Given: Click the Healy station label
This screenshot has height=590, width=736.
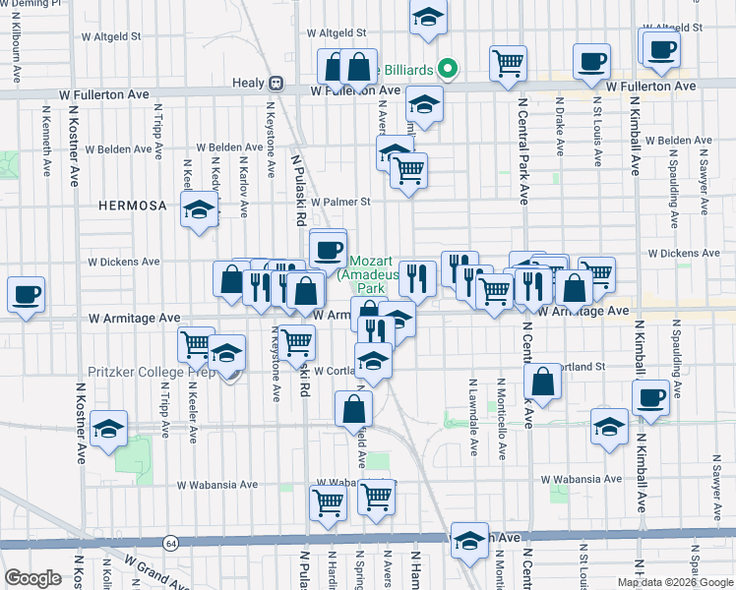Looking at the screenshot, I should click(250, 84).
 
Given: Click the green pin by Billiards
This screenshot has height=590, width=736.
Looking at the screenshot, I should click(449, 68).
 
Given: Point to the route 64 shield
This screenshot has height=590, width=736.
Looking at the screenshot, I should click(171, 543).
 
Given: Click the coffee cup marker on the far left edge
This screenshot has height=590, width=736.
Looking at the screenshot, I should click(26, 293).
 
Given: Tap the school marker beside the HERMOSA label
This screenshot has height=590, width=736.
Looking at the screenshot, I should click(200, 209).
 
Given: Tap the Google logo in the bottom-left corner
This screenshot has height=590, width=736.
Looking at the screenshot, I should click(32, 578).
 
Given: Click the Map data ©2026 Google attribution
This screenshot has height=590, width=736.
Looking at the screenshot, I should click(675, 582).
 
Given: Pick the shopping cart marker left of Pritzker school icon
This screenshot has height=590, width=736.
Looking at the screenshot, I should click(196, 344).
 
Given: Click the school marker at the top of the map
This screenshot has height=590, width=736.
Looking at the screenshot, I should click(428, 18).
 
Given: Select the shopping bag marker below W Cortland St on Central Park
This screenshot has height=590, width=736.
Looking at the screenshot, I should click(543, 381).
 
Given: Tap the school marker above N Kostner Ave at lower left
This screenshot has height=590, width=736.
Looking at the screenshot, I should click(109, 428).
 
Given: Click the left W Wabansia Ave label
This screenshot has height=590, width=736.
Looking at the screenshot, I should click(217, 485).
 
